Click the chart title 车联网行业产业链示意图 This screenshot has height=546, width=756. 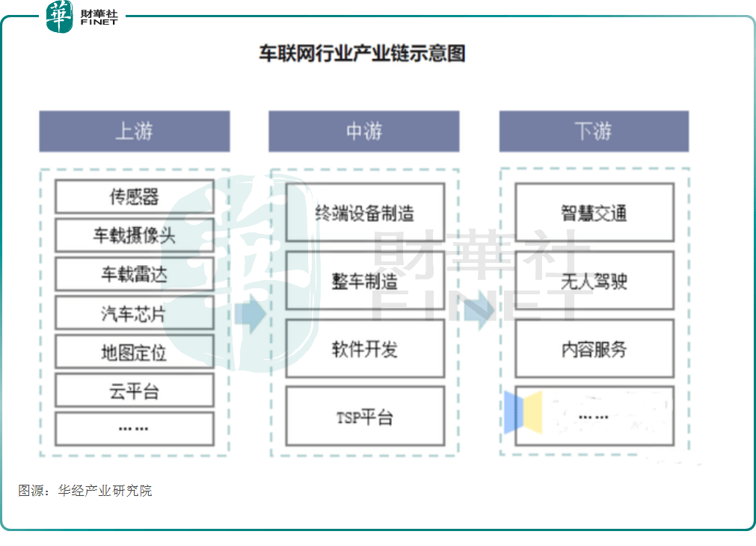click(362, 55)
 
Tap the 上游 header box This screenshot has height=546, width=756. click(135, 131)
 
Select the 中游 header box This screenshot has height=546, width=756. click(364, 131)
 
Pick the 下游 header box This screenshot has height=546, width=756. click(594, 131)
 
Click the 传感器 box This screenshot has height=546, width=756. click(135, 196)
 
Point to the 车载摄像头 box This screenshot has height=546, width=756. click(135, 236)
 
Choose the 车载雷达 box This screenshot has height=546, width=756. click(135, 274)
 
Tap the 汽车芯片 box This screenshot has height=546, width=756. click(135, 313)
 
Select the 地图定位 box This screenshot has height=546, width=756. click(135, 352)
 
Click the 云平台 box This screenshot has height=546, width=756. click(135, 391)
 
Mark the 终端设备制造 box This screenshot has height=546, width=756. click(364, 214)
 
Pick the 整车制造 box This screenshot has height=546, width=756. click(364, 282)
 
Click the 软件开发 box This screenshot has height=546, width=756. click(364, 349)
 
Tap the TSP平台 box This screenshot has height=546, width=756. click(364, 417)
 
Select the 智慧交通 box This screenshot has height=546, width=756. click(594, 214)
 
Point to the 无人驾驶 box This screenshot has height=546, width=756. click(594, 282)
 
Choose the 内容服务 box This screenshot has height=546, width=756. click(594, 349)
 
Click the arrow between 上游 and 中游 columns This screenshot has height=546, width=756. click(250, 314)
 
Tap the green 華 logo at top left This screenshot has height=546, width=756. click(60, 16)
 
